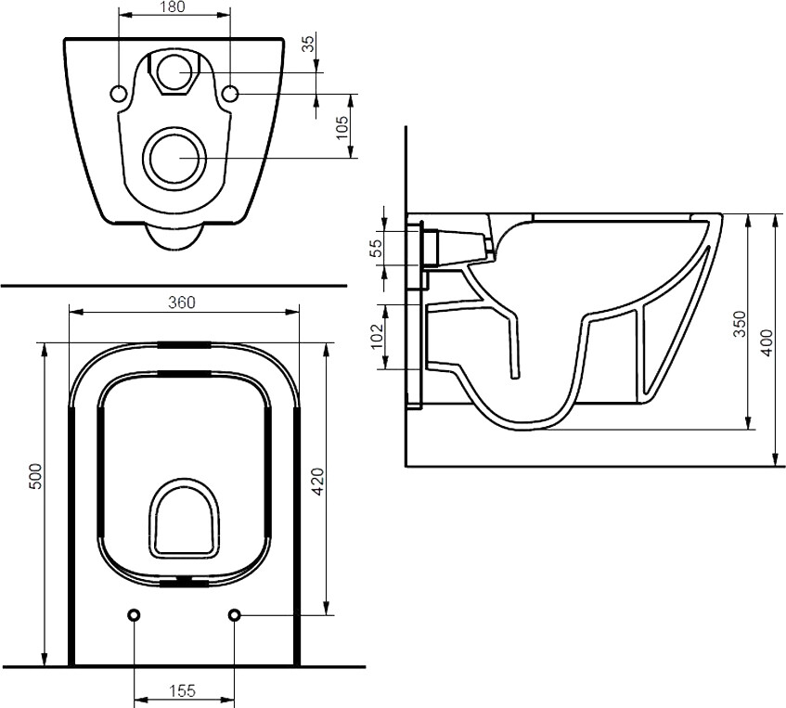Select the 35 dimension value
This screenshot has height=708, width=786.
click(308, 43)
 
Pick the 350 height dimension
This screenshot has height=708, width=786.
click(740, 322)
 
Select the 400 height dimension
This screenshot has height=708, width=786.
click(767, 341)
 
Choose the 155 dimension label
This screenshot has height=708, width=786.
click(183, 690)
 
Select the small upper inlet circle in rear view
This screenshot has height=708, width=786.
click(174, 69)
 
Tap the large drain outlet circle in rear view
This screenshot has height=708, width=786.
click(174, 156)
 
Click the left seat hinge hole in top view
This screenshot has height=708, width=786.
click(135, 615)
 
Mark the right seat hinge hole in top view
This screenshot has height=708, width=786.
click(234, 615)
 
